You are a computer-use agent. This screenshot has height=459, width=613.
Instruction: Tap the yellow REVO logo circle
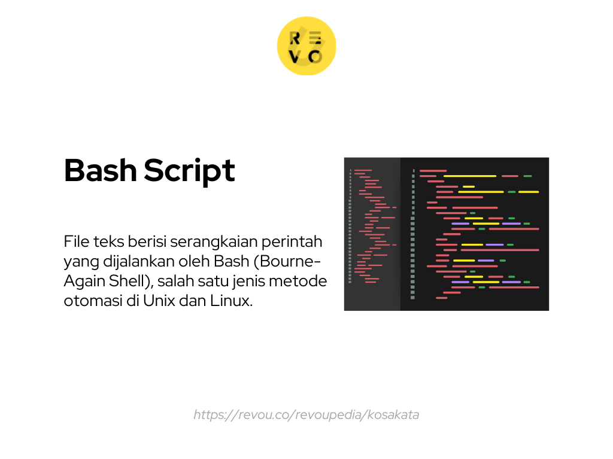306,46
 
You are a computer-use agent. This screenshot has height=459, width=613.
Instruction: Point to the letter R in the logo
295,38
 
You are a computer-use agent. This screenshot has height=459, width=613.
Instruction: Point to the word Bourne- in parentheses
293,261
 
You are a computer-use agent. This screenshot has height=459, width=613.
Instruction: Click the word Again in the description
82,281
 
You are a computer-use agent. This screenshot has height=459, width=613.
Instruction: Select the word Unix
159,301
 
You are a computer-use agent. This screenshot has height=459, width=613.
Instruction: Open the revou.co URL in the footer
306,415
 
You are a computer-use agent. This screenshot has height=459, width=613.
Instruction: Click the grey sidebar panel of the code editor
372,234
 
